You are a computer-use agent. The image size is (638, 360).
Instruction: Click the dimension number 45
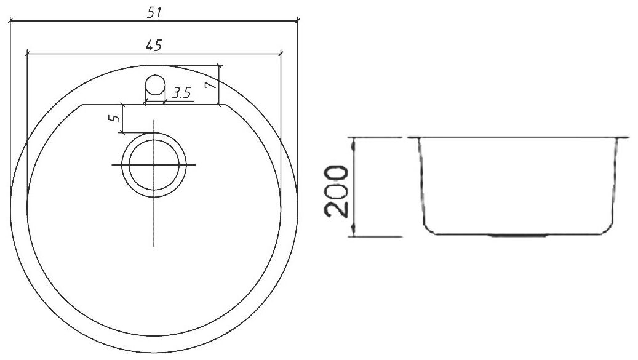154,45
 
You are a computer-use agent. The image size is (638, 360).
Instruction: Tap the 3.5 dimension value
181,93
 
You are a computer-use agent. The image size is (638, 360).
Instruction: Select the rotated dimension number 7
210,84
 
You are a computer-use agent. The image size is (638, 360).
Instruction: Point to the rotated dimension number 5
114,119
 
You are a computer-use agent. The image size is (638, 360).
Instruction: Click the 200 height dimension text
337,190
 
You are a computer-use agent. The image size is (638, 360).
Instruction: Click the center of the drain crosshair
154,165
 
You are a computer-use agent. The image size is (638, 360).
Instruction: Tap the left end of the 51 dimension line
9,20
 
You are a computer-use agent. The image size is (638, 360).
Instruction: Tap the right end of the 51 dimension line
298,20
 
